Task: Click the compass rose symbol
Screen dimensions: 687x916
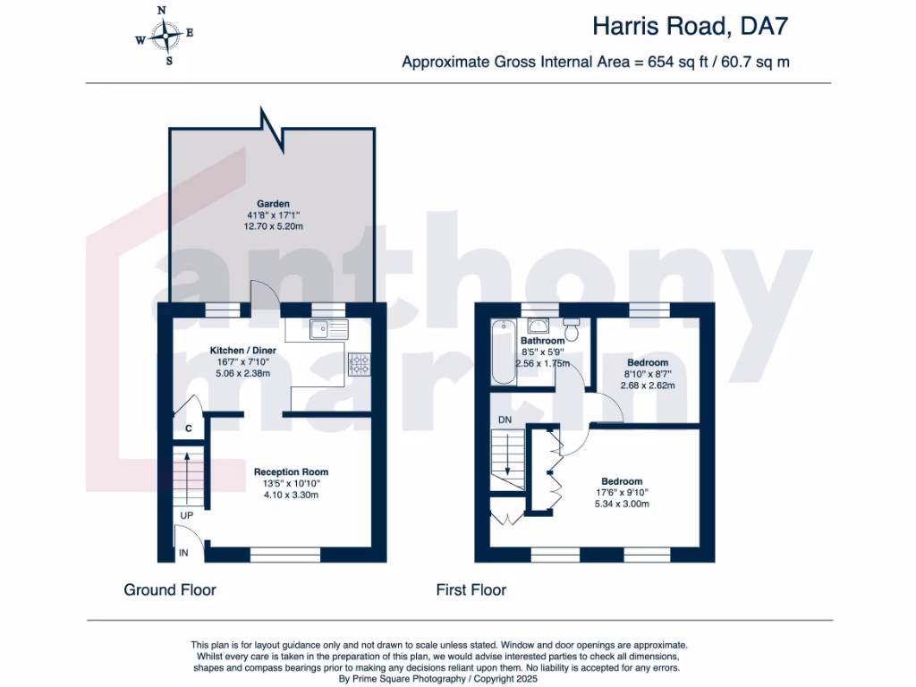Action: click(x=165, y=36)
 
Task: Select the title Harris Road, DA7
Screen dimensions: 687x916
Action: click(x=691, y=27)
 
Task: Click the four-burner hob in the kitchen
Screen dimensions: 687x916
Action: click(x=360, y=363)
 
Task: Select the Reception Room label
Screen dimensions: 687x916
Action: click(x=291, y=471)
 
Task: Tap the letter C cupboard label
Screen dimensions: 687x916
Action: click(x=188, y=428)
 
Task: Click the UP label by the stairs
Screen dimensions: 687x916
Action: click(x=187, y=516)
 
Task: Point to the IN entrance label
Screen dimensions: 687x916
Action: click(x=184, y=554)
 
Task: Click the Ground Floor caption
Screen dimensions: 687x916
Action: click(x=170, y=589)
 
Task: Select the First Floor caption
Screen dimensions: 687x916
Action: click(x=471, y=589)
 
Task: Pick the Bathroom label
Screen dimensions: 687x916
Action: click(x=543, y=341)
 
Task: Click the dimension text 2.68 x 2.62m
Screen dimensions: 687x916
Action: click(x=648, y=386)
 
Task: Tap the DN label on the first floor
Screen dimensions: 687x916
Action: click(x=505, y=419)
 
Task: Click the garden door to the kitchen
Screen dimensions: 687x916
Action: click(x=266, y=295)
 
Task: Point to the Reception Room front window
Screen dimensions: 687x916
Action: click(x=284, y=556)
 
